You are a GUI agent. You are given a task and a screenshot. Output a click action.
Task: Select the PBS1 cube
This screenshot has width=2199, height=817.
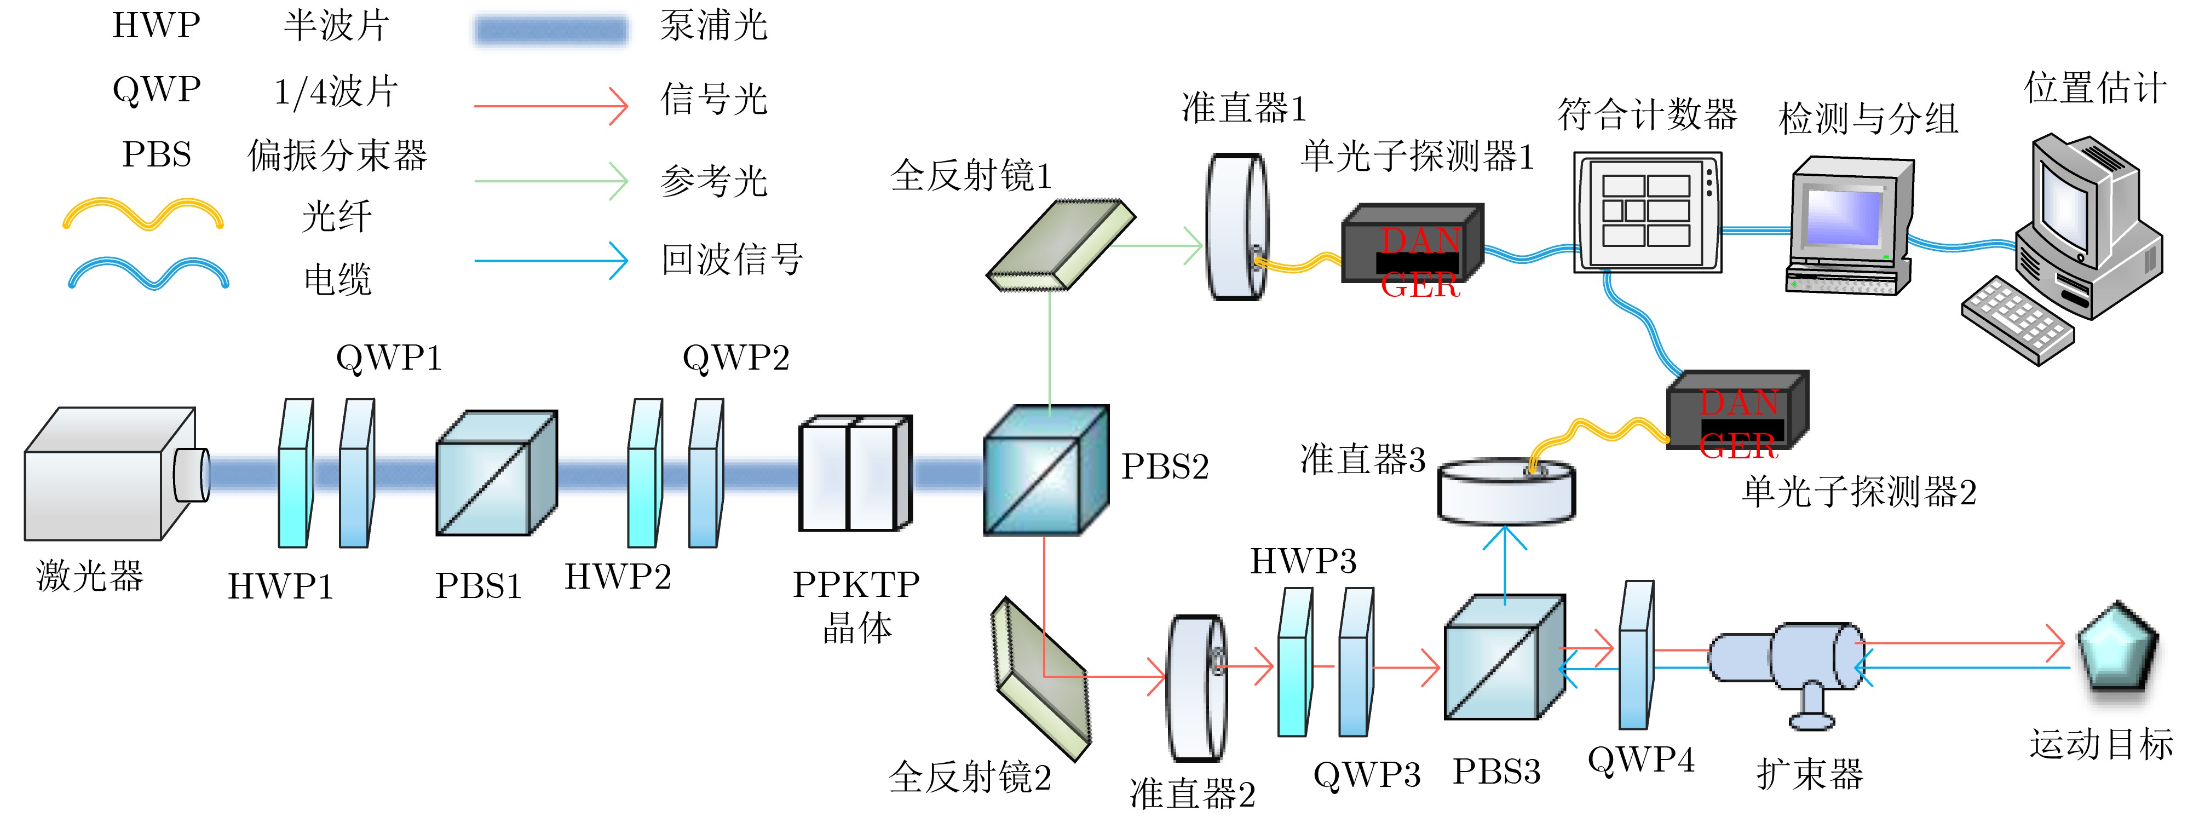495,474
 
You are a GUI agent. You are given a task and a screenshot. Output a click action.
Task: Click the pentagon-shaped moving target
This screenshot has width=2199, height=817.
2117,649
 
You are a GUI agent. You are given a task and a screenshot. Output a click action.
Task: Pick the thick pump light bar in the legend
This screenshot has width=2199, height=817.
551,31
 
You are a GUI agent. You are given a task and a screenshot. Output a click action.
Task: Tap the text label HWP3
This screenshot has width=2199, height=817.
1303,561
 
